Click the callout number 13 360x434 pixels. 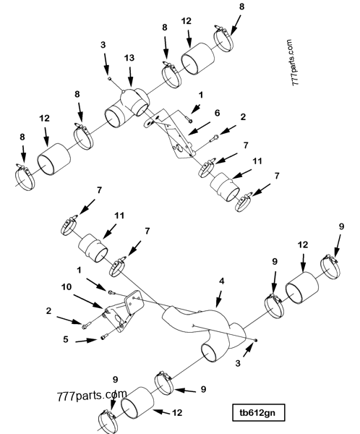point(129,57)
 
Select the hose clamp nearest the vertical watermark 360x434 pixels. point(227,36)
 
